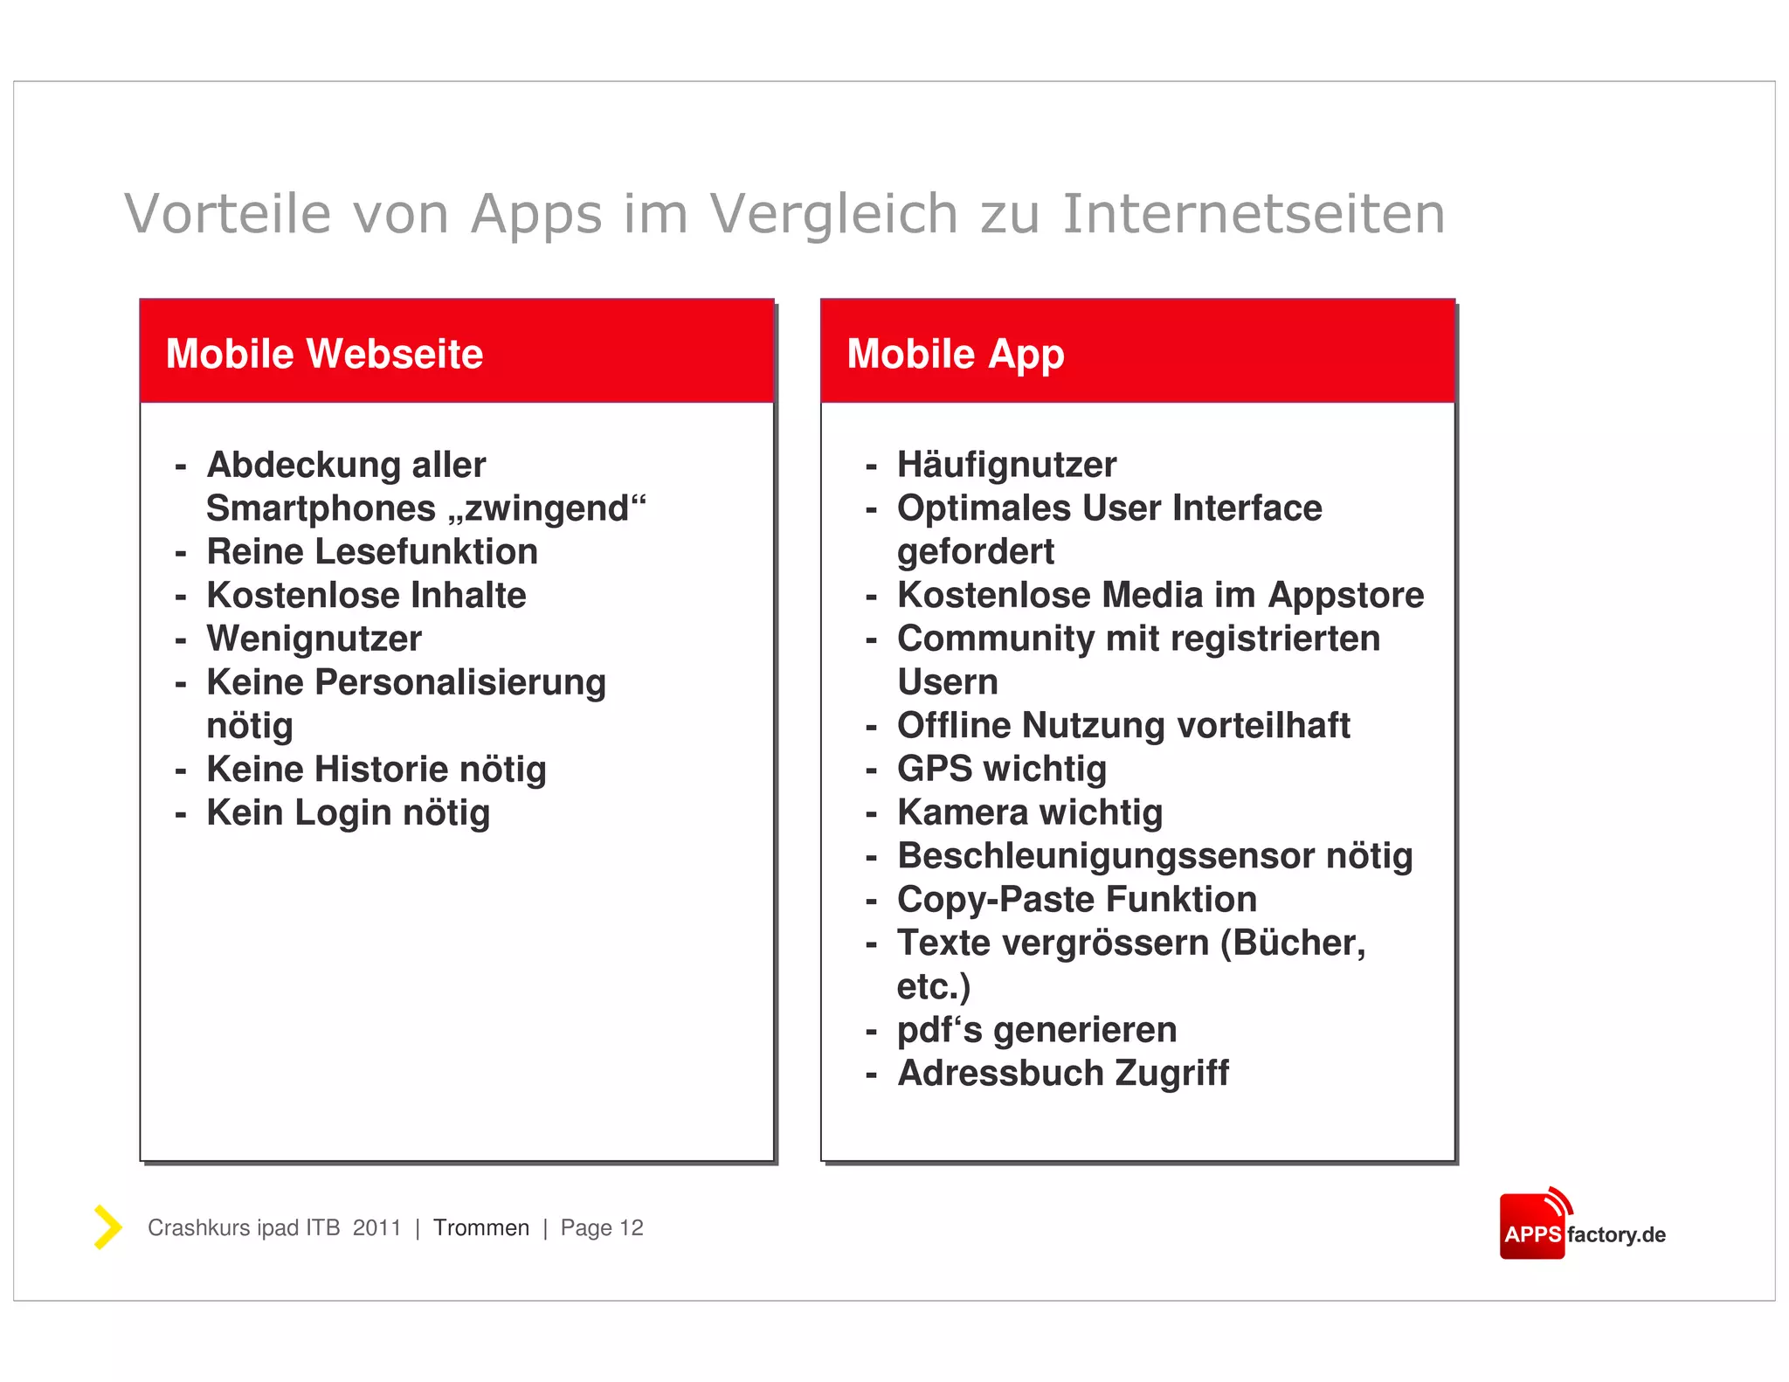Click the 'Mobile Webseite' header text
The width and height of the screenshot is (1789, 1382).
click(324, 354)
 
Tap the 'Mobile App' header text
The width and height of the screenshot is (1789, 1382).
click(956, 354)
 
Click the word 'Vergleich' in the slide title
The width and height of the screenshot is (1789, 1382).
click(833, 214)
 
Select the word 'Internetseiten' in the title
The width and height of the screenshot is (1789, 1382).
click(1254, 214)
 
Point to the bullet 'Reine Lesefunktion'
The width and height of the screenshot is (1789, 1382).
click(372, 552)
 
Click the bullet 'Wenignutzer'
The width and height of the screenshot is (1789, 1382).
click(314, 639)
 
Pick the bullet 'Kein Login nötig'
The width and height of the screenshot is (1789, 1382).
click(349, 812)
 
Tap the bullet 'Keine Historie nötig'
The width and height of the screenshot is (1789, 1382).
click(376, 770)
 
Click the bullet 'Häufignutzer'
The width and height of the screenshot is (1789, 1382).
click(1006, 465)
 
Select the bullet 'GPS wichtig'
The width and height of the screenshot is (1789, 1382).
click(1002, 769)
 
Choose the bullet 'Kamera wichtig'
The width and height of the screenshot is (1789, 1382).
click(1030, 812)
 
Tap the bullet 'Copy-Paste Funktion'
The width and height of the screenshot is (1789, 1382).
click(1077, 900)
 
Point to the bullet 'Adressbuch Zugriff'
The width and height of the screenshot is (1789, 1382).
click(1063, 1074)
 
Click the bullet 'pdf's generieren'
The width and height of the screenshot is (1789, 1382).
click(1037, 1030)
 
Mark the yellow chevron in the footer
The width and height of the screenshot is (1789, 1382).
click(107, 1227)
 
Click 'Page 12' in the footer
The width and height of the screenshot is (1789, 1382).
click(602, 1228)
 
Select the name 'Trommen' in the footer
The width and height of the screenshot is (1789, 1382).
click(481, 1228)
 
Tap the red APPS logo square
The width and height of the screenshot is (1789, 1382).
click(1532, 1227)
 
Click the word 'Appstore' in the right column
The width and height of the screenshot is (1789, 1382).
click(1346, 596)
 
